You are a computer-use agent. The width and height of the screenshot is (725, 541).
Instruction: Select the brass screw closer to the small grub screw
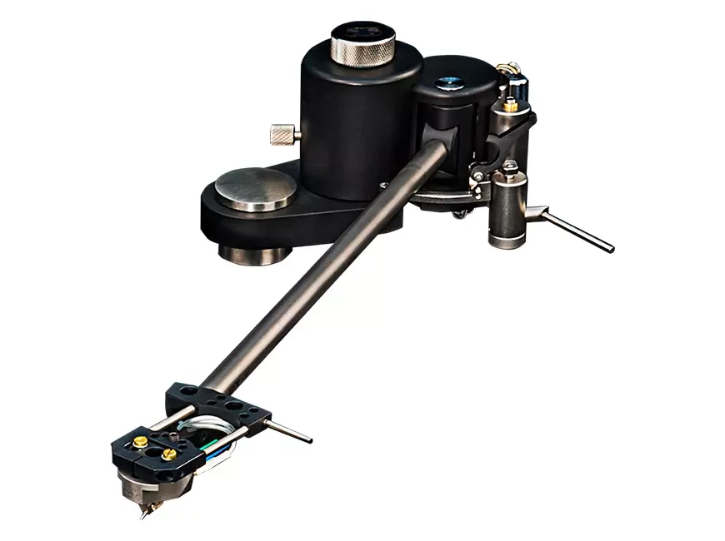(169, 454)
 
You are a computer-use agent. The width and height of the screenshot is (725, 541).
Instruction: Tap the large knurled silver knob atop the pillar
(360, 43)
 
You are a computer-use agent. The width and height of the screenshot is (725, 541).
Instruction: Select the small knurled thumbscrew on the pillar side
(283, 132)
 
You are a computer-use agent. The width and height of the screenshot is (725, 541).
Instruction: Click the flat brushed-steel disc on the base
(254, 188)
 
